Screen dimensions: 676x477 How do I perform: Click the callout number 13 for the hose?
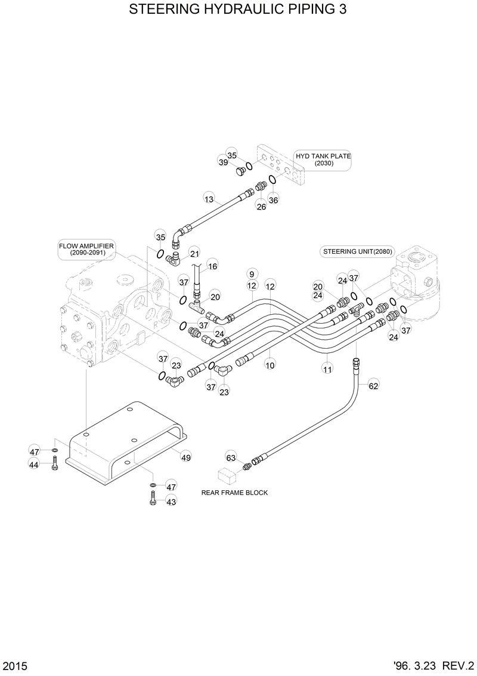point(209,199)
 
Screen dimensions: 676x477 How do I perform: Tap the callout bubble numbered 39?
point(223,162)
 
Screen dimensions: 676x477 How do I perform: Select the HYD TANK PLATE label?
point(323,159)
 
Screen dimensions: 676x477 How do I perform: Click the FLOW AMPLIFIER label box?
point(86,250)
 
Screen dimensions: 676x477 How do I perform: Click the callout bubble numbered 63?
point(231,457)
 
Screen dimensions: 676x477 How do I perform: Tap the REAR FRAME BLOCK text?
point(234,493)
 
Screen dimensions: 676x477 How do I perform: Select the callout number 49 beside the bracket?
point(186,457)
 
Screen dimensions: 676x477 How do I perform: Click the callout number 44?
point(35,465)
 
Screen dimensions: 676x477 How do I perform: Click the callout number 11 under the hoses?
point(327,370)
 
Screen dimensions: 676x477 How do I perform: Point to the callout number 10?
point(270,364)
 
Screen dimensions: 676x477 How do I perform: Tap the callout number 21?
point(195,253)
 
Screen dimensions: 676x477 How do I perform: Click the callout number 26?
point(261,207)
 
